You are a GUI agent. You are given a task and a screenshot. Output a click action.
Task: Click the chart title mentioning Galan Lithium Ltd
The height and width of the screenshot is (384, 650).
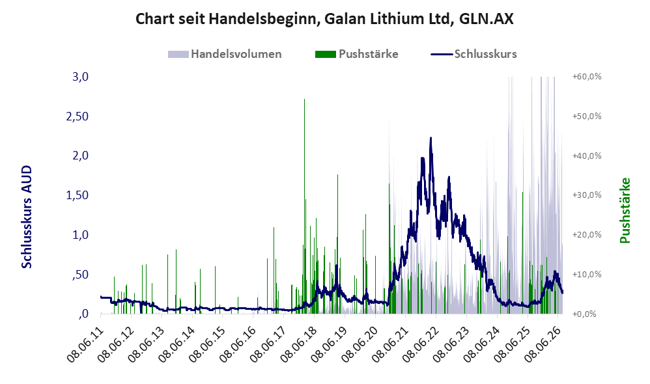click(324, 19)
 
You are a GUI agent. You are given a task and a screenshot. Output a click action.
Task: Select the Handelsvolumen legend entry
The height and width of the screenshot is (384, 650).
click(225, 54)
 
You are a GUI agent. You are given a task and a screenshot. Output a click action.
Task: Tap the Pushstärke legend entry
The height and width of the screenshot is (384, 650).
click(357, 54)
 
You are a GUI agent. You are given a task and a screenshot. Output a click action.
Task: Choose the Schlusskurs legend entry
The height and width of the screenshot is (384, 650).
click(473, 54)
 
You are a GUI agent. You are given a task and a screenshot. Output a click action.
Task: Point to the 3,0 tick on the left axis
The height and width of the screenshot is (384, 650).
click(80, 77)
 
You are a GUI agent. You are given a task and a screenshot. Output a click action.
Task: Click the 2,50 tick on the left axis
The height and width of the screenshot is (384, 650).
click(78, 117)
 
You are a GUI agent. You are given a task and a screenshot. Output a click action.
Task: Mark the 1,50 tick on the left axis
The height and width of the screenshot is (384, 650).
click(78, 195)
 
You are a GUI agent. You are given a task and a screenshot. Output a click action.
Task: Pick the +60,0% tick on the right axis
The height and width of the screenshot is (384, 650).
click(587, 77)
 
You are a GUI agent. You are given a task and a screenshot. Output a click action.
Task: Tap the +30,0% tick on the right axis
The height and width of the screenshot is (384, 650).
click(587, 195)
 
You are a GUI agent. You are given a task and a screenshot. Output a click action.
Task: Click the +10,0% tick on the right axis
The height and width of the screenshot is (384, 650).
click(587, 274)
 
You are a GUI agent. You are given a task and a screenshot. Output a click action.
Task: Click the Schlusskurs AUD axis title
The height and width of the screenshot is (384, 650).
click(27, 217)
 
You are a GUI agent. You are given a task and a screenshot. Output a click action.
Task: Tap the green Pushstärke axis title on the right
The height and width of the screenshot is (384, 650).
click(625, 210)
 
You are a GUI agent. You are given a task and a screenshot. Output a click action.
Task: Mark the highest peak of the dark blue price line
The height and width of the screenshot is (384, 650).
click(431, 138)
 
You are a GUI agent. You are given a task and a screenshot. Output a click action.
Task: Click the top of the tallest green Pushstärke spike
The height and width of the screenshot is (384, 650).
click(305, 100)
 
